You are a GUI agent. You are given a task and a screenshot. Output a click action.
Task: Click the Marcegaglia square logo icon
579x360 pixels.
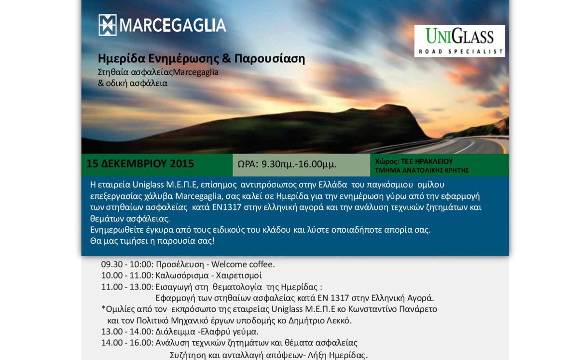108,25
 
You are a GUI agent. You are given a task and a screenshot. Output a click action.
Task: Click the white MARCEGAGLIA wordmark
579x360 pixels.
173,25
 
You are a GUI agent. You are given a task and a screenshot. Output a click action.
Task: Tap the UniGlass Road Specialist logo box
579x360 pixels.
459,41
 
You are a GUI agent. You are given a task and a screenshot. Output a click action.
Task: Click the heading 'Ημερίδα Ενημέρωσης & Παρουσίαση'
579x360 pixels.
201,58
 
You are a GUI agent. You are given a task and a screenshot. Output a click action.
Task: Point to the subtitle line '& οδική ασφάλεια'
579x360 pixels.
133,83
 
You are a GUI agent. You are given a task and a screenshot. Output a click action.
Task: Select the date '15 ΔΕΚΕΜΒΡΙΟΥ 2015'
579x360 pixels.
140,164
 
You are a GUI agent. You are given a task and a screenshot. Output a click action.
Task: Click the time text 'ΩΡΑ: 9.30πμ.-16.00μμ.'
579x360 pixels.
287,164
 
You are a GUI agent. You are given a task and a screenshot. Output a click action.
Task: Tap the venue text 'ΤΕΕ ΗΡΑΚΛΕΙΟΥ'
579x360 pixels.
427,161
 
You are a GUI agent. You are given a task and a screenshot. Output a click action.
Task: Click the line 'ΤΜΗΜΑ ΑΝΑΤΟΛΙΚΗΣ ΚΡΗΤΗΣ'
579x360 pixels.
422,170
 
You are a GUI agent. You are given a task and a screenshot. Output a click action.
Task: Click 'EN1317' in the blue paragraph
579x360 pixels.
227,207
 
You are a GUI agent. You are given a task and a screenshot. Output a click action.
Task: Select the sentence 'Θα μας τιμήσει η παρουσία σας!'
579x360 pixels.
152,241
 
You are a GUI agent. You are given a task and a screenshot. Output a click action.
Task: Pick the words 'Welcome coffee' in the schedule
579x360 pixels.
242,264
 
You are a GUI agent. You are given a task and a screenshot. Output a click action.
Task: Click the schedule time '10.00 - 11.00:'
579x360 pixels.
127,276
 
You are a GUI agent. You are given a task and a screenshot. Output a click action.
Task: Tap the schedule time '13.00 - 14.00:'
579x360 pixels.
127,332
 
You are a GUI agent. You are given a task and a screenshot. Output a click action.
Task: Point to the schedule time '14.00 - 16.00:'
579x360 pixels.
127,343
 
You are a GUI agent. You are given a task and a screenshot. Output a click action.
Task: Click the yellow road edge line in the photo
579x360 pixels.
502,147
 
